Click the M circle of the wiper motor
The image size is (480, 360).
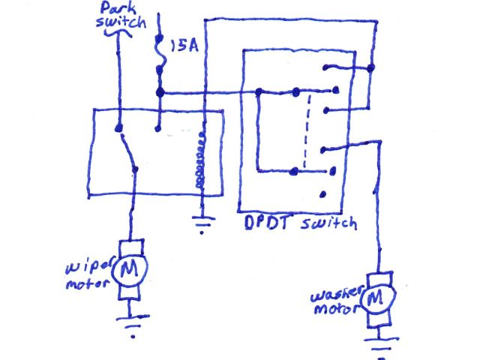click(132, 268)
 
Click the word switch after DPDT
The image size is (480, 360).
click(329, 224)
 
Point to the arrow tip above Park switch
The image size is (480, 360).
click(118, 34)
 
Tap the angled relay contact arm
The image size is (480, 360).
click(127, 148)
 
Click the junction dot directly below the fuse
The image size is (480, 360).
click(159, 92)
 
